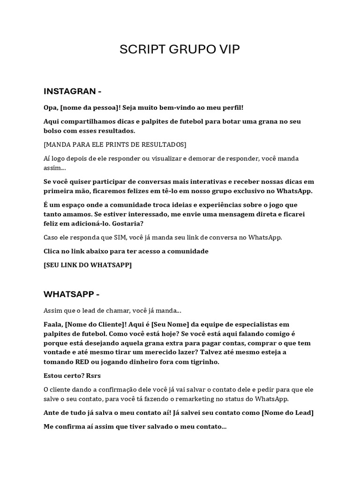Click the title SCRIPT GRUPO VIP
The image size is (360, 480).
[180, 50]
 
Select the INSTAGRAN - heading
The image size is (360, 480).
[73, 90]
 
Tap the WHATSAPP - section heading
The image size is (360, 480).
[72, 294]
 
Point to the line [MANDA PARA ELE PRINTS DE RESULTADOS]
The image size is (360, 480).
[115, 144]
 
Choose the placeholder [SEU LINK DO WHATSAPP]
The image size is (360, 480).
[88, 265]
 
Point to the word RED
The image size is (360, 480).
[82, 361]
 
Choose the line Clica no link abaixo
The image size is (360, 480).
[126, 251]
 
